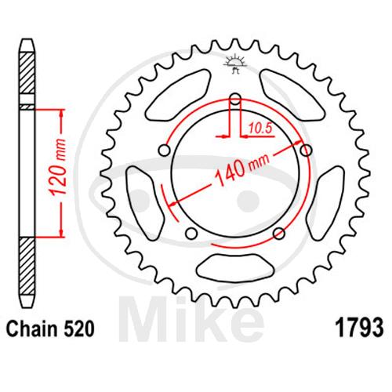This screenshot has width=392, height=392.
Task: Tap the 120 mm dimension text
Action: click(x=57, y=168)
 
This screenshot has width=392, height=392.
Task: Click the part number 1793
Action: click(x=359, y=328)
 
